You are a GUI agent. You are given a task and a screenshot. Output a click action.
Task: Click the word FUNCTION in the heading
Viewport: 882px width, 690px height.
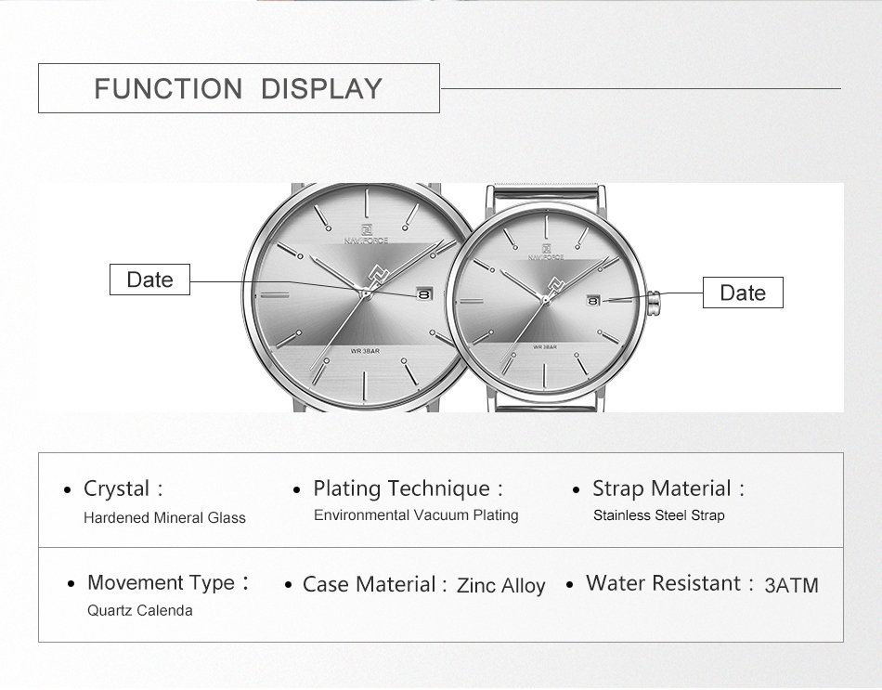168,89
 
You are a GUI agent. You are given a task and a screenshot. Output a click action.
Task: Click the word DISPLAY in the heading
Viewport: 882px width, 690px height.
321,89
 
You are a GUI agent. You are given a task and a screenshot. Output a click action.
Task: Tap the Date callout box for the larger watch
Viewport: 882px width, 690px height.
149,280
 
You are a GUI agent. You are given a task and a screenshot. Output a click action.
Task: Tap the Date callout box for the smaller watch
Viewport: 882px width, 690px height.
743,293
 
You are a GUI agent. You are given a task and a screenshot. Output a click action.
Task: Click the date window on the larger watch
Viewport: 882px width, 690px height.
424,294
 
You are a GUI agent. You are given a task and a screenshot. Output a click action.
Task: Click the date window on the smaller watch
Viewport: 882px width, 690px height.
593,301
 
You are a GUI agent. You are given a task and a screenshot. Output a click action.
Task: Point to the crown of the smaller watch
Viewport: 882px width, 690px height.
654,303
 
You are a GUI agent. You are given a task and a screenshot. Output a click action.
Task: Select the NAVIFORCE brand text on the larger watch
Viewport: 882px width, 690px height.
366,241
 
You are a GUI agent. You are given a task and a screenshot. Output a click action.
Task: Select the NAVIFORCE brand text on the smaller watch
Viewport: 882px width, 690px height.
546,257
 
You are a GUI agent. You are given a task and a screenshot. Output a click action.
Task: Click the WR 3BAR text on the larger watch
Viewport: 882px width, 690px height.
365,351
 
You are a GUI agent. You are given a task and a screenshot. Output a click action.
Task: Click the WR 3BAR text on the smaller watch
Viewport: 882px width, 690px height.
545,346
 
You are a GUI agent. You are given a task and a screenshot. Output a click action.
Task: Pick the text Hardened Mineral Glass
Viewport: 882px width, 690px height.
165,518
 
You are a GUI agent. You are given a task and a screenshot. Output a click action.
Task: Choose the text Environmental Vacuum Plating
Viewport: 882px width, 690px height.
416,515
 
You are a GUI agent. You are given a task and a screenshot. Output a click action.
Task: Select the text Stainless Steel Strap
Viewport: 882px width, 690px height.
658,515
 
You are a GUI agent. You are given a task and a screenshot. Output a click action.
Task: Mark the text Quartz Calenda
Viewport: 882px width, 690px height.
139,611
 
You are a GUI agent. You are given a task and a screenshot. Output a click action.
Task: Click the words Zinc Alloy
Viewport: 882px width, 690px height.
500,586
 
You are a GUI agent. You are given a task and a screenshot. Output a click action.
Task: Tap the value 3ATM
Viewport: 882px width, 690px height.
791,585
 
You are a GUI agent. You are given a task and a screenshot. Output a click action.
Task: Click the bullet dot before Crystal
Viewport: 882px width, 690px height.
68,490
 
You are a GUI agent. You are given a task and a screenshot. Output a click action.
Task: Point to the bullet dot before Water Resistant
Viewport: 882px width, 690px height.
570,585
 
